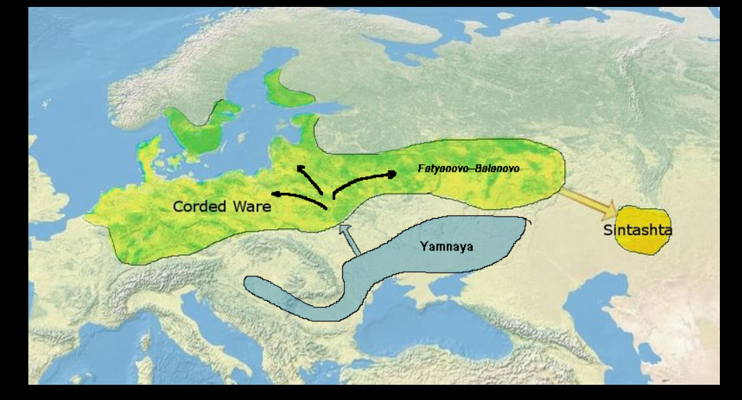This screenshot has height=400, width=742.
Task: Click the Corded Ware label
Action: pos(221,206)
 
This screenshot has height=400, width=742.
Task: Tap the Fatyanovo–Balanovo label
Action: pos(468,169)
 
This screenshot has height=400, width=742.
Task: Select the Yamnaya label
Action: pos(446,246)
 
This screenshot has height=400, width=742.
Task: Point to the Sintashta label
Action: pos(638,230)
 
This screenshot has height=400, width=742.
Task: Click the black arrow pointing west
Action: pos(297,198)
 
